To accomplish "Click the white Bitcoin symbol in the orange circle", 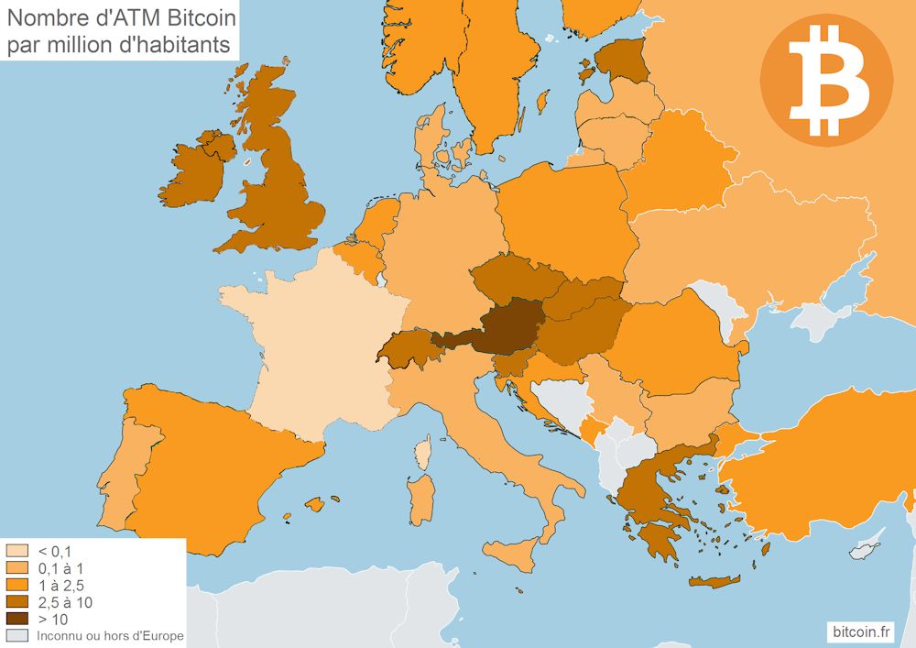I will tap(827, 81).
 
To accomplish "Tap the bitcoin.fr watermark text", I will tap(860, 632).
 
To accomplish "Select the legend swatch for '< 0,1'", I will tap(16, 551).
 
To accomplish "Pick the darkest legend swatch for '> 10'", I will tap(16, 619).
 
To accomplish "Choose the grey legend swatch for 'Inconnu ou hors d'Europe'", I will tap(16, 635).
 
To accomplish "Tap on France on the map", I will tap(311, 348).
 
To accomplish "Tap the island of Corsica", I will tap(423, 453).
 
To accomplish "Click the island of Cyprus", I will tap(864, 550).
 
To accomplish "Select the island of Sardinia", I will tap(420, 500).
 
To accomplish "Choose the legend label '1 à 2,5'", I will tap(60, 585).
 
